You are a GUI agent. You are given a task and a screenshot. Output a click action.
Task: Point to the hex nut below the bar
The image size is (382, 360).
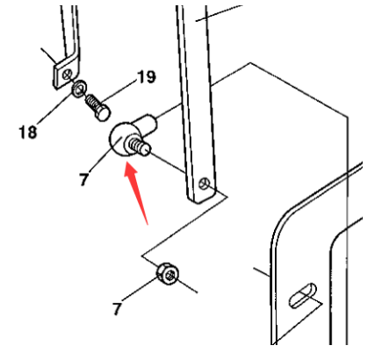point(166,275)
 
